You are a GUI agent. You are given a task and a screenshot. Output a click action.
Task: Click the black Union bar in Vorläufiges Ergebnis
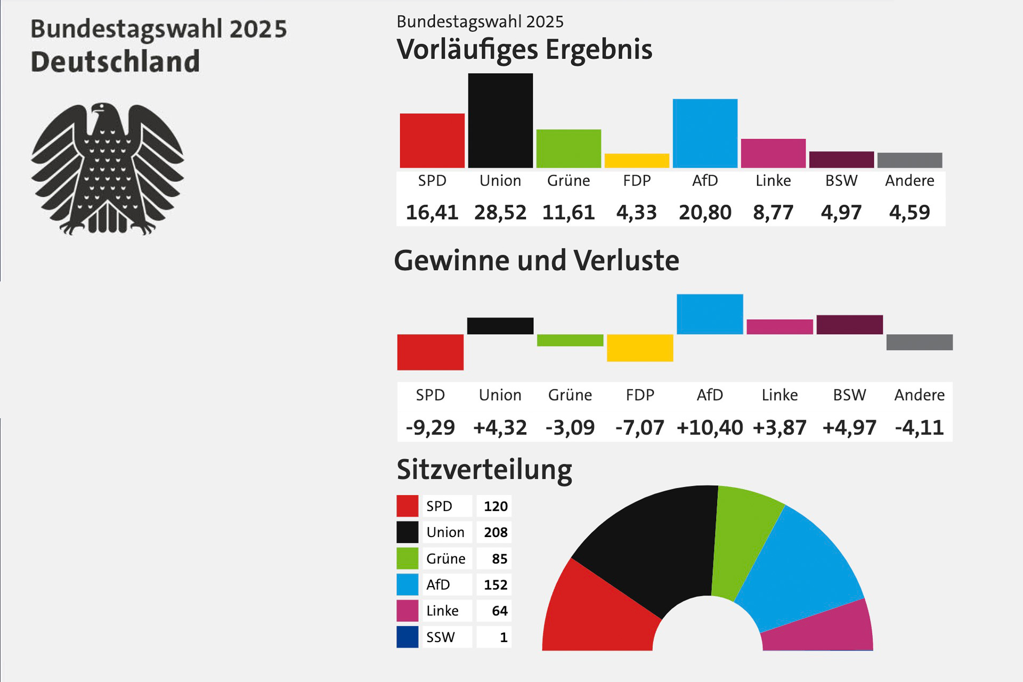click(x=500, y=120)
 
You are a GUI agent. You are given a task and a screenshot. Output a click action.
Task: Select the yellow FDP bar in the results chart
click(x=637, y=160)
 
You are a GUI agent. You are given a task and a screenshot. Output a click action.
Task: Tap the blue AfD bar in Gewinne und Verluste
click(x=710, y=314)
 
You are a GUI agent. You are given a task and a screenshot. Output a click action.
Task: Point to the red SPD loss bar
click(x=431, y=352)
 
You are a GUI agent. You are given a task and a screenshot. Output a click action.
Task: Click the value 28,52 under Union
click(x=500, y=213)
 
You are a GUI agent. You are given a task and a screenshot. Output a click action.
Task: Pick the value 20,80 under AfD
click(x=705, y=213)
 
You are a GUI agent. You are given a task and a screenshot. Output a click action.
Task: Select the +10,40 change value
click(x=710, y=427)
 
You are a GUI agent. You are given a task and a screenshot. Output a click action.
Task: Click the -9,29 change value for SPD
click(x=431, y=427)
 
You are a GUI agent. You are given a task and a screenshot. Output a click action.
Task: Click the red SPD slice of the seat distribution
click(x=597, y=613)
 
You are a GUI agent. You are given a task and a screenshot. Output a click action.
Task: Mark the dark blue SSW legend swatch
click(x=408, y=637)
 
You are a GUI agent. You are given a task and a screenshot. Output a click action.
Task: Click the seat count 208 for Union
click(x=496, y=532)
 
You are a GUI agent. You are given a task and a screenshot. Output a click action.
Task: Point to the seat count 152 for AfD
click(x=496, y=584)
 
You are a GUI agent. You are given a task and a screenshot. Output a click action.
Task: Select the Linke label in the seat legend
click(x=442, y=611)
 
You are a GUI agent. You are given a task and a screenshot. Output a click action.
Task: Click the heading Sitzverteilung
click(x=484, y=470)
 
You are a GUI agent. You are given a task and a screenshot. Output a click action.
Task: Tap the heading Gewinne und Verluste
click(x=537, y=261)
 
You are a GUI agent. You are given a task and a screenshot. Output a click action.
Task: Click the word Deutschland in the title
click(x=115, y=61)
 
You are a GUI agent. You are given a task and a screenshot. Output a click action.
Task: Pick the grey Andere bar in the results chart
click(x=910, y=160)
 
